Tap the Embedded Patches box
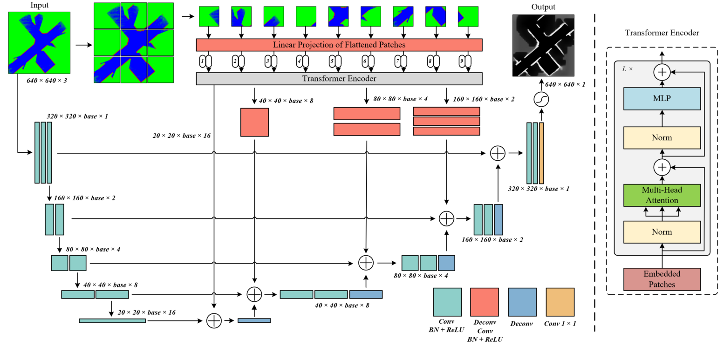[662, 279]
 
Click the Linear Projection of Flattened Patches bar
[339, 45]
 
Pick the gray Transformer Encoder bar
[339, 79]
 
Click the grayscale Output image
[543, 45]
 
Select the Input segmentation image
[39, 42]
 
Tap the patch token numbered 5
[334, 61]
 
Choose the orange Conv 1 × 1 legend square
[560, 302]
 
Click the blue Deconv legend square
[522, 302]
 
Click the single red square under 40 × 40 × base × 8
[254, 122]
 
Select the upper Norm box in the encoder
[662, 138]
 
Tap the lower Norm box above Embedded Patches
[662, 232]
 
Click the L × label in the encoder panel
[628, 68]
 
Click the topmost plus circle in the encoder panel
[662, 72]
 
